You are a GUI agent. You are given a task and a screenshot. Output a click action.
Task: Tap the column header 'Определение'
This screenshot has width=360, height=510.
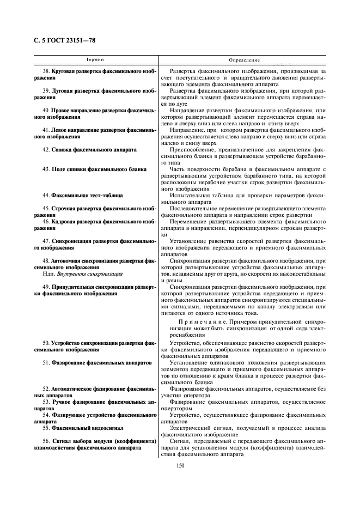244,59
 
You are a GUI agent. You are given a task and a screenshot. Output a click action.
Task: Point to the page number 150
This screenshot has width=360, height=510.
180,465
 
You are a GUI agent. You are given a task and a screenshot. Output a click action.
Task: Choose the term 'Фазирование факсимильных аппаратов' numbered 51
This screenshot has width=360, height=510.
97,362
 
